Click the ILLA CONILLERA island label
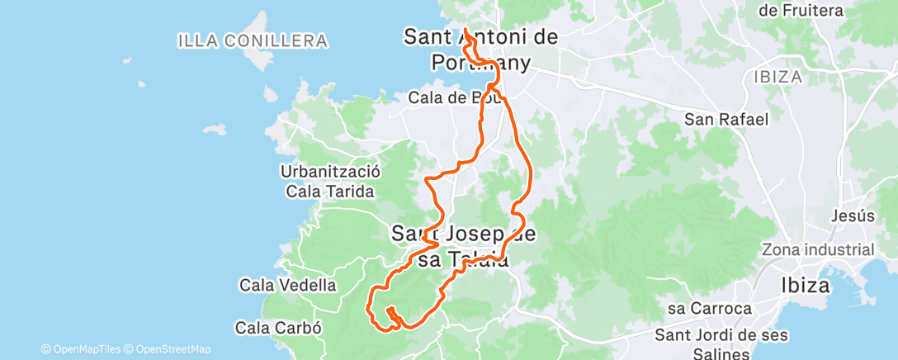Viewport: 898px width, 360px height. tap(252, 40)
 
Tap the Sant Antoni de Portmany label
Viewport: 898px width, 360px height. tap(480, 49)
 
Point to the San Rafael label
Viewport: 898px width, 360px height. tap(726, 120)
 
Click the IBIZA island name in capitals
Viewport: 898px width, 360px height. tap(777, 77)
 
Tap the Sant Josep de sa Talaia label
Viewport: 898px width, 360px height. tap(464, 246)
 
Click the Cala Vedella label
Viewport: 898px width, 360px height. tap(287, 286)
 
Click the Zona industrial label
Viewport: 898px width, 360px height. tap(817, 250)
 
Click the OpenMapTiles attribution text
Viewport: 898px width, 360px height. tap(85, 349)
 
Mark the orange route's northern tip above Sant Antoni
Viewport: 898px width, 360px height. tap(466, 31)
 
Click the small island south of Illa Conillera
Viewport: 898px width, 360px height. tap(214, 130)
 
